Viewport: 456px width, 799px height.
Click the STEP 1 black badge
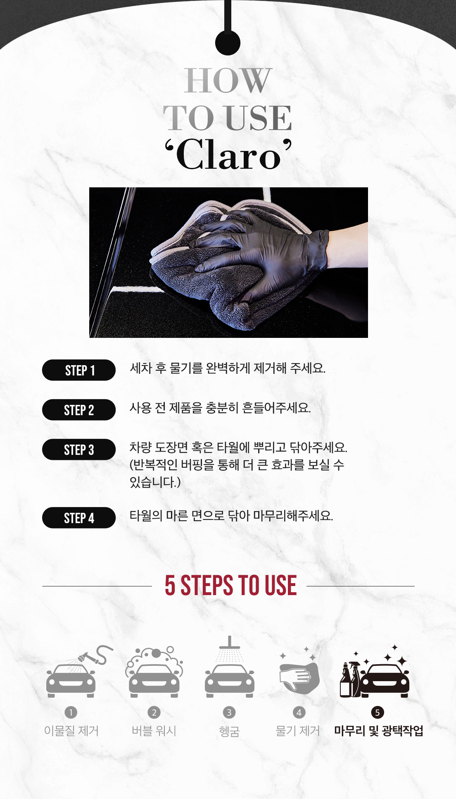79,370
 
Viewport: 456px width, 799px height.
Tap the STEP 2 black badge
79,410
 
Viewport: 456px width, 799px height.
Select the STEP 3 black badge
79,450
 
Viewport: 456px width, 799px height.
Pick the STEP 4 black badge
79,518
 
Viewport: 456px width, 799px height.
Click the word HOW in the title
228,81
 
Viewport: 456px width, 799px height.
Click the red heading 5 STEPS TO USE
230,586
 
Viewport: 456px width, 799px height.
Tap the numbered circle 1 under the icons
71,713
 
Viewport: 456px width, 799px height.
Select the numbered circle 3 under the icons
229,713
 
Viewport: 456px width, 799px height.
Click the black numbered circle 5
377,713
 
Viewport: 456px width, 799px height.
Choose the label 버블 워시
154,731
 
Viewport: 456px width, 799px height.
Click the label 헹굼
229,732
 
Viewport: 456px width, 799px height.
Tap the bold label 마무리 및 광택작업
379,731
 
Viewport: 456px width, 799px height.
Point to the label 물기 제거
298,731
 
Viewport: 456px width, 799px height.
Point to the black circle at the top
228,43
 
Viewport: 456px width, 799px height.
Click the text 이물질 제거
71,731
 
